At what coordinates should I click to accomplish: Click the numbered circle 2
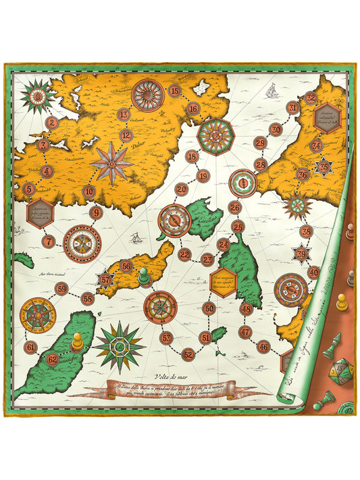(52, 123)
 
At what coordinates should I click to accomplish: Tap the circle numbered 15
(175, 91)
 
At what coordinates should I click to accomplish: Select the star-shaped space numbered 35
(324, 166)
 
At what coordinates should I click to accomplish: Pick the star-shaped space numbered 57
(105, 279)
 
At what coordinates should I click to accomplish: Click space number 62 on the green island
(52, 360)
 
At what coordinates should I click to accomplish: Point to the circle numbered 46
(264, 347)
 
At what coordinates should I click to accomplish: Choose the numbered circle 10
(88, 191)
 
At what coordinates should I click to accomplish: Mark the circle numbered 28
(261, 165)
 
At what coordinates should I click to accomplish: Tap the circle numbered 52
(188, 354)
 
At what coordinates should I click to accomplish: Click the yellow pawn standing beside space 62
(78, 341)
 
